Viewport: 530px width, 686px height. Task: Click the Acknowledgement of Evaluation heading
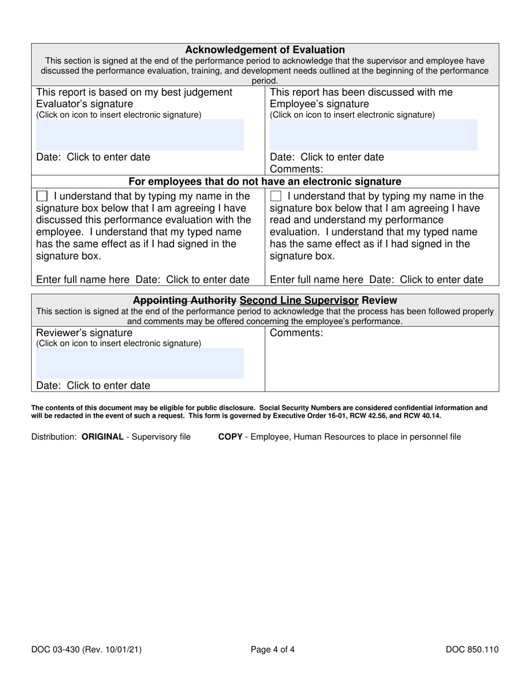pos(264,50)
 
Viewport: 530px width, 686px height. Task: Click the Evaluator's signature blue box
pos(140,134)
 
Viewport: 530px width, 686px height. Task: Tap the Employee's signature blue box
pos(373,134)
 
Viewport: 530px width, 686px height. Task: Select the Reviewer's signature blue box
pos(140,364)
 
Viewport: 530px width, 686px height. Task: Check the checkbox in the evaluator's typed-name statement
pos(42,196)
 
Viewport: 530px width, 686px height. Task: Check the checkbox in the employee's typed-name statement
pos(276,196)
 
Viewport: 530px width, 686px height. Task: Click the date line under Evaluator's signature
pos(93,157)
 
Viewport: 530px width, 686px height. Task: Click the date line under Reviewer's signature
pos(93,385)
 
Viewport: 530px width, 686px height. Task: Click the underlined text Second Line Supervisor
pos(299,301)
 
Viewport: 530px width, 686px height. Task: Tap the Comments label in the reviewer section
pos(296,334)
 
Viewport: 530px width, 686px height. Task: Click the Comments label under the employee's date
pos(296,169)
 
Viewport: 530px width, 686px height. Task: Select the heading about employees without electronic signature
pos(264,181)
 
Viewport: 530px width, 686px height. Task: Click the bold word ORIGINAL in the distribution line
pos(103,437)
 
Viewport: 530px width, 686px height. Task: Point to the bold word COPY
pos(230,437)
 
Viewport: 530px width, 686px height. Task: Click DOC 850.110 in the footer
pos(472,649)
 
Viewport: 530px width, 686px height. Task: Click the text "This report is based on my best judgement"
pos(134,92)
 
